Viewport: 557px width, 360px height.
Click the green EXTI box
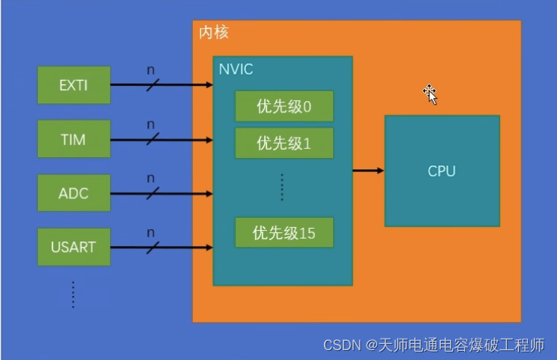pyautogui.click(x=74, y=85)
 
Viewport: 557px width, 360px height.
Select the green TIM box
pyautogui.click(x=74, y=139)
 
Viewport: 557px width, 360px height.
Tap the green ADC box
pyautogui.click(x=74, y=193)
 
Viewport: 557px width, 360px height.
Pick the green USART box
pyautogui.click(x=74, y=247)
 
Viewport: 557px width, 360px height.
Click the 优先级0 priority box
pyautogui.click(x=284, y=107)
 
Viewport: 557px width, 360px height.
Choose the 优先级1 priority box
pyautogui.click(x=284, y=143)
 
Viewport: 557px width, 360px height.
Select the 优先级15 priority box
pyautogui.click(x=284, y=232)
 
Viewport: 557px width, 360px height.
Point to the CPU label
pyautogui.click(x=442, y=171)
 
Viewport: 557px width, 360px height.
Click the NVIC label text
pyautogui.click(x=235, y=70)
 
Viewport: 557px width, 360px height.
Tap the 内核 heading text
pyautogui.click(x=213, y=33)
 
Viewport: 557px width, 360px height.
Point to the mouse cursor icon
pyautogui.click(x=430, y=94)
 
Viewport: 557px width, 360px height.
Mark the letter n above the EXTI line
pyautogui.click(x=150, y=70)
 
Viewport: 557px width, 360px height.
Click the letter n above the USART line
pyautogui.click(x=150, y=232)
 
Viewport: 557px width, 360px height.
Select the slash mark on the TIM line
pyautogui.click(x=153, y=139)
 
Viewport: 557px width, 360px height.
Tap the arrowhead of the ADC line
pyautogui.click(x=209, y=193)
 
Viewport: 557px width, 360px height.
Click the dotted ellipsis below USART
pyautogui.click(x=73, y=294)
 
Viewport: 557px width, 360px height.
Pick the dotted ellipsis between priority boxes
pyautogui.click(x=282, y=188)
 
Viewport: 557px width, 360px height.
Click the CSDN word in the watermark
pyautogui.click(x=341, y=346)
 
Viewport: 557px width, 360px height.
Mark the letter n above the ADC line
pyautogui.click(x=150, y=178)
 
